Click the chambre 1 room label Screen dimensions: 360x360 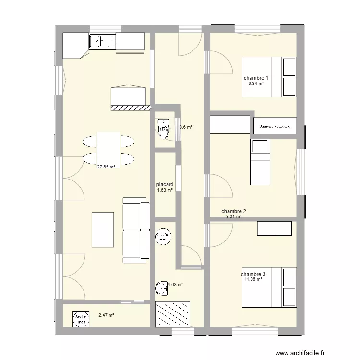(x=256, y=78)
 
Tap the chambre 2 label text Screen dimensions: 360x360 (x=234, y=211)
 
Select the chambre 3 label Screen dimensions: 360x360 (x=253, y=274)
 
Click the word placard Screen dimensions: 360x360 (x=165, y=184)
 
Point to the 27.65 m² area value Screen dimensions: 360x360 (x=106, y=167)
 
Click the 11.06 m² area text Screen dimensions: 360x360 (x=253, y=279)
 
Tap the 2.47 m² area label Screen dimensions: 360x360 (x=106, y=315)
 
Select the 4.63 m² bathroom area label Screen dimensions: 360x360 (x=175, y=284)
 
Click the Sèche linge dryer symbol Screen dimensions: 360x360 (x=81, y=319)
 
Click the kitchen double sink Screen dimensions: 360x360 (x=101, y=41)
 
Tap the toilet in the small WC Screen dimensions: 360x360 (x=163, y=129)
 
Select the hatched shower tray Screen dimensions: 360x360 (x=173, y=314)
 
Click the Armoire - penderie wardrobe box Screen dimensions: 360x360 (x=275, y=126)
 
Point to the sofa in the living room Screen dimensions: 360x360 (x=136, y=230)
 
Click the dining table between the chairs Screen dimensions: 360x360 (x=108, y=149)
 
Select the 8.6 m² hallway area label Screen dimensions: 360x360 (x=186, y=127)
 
